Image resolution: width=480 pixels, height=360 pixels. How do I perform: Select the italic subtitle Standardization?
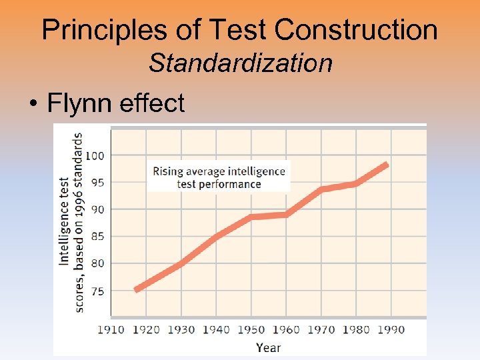[240, 63]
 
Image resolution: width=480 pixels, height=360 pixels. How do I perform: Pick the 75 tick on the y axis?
[97, 291]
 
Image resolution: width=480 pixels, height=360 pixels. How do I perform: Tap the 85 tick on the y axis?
[97, 237]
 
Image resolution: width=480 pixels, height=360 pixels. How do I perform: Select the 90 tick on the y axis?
[97, 209]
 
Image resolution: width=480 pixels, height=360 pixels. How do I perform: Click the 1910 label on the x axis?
[111, 329]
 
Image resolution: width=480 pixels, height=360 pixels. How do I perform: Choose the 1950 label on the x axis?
[251, 329]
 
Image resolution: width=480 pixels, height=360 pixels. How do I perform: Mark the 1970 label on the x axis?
[321, 329]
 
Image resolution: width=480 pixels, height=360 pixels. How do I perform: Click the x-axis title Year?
[268, 347]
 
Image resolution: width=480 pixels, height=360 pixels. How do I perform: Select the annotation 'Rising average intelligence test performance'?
[219, 177]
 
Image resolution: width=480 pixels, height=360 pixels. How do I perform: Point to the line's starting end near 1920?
[137, 289]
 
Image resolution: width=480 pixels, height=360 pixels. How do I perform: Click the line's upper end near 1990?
[387, 165]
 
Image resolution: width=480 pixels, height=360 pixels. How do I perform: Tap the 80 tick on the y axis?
[97, 263]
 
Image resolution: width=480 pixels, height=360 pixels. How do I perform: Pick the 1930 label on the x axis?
[181, 329]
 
